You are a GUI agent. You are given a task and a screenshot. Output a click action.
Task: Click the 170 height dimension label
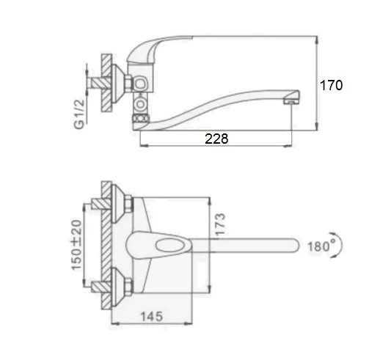(x=332, y=85)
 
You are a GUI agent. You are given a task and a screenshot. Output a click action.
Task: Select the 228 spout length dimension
(x=216, y=139)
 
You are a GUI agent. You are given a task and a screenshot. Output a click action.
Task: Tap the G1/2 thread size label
(x=79, y=114)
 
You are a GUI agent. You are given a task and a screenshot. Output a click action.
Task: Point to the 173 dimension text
(x=220, y=224)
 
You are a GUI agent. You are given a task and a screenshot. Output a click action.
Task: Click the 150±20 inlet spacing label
(x=76, y=245)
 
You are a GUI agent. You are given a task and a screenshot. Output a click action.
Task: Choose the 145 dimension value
(x=151, y=317)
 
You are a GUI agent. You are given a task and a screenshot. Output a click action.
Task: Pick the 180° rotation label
(x=318, y=246)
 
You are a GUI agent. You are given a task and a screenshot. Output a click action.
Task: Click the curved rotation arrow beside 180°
(x=339, y=245)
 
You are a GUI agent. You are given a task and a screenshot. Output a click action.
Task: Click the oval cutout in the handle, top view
(x=171, y=245)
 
